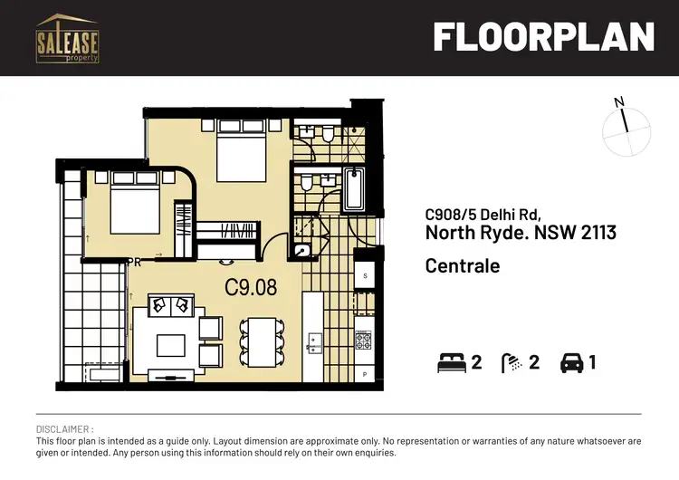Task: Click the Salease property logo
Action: [x=67, y=38]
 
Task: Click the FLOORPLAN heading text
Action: [x=543, y=37]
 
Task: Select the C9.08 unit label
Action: [x=251, y=289]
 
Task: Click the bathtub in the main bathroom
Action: [x=353, y=189]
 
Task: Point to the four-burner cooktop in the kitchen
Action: [x=364, y=341]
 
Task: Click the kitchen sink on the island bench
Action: [x=316, y=342]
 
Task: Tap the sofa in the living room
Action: [x=169, y=305]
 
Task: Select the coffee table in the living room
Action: [x=169, y=345]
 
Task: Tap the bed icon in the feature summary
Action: [x=450, y=363]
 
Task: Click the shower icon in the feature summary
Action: [x=513, y=363]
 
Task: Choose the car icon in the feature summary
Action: [x=572, y=363]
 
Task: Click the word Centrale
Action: [x=462, y=266]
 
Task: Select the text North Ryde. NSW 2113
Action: [x=520, y=234]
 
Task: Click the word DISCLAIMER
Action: [x=64, y=428]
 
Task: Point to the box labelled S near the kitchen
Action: [x=365, y=274]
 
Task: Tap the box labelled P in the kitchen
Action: [x=365, y=373]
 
